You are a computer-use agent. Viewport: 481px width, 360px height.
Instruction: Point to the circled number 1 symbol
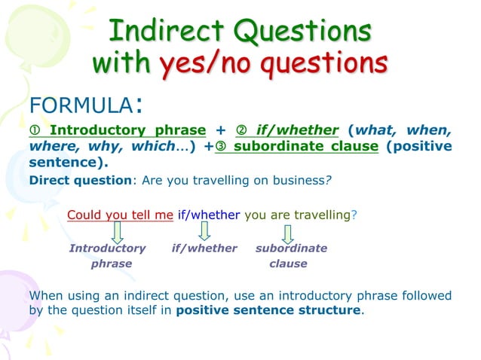(x=35, y=130)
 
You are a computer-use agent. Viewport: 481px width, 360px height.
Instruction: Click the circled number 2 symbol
(x=242, y=130)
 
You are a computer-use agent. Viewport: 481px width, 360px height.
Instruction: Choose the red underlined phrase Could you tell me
(x=120, y=215)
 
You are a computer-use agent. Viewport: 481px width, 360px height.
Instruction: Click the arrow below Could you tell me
(x=118, y=232)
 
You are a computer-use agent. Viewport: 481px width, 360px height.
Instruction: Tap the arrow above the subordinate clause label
(x=288, y=232)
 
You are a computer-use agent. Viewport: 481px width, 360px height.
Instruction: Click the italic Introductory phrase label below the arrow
(x=108, y=256)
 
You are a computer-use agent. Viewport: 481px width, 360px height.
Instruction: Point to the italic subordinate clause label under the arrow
(x=290, y=256)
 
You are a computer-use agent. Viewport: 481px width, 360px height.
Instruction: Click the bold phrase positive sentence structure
(x=268, y=310)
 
